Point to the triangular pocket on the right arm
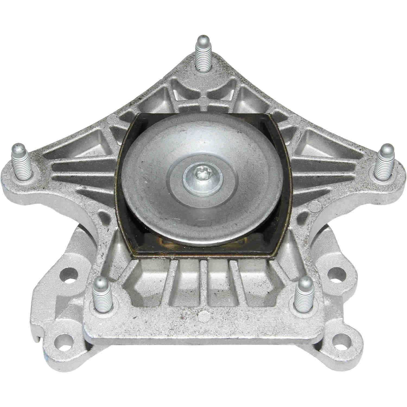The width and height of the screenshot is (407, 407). [x=315, y=141]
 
